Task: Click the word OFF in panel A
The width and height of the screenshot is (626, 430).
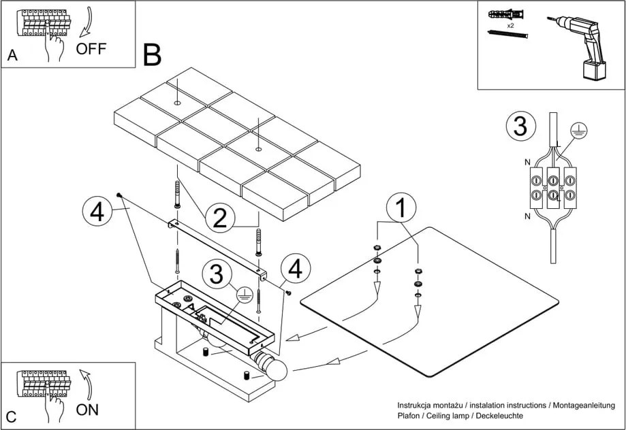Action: pyautogui.click(x=91, y=48)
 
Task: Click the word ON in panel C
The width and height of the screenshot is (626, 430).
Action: pyautogui.click(x=87, y=410)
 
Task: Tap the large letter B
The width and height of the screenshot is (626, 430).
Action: pyautogui.click(x=153, y=54)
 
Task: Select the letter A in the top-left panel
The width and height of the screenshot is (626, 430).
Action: pyautogui.click(x=12, y=56)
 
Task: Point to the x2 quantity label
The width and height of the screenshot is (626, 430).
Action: pyautogui.click(x=510, y=24)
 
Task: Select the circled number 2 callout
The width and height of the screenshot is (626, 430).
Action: pyautogui.click(x=219, y=218)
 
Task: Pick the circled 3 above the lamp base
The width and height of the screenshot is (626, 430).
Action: pyautogui.click(x=217, y=276)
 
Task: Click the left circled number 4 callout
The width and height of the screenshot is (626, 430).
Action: pyautogui.click(x=97, y=212)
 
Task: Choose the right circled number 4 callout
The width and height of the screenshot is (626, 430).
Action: pyautogui.click(x=294, y=269)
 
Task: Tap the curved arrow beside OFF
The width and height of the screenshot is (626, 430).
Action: pyautogui.click(x=86, y=23)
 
